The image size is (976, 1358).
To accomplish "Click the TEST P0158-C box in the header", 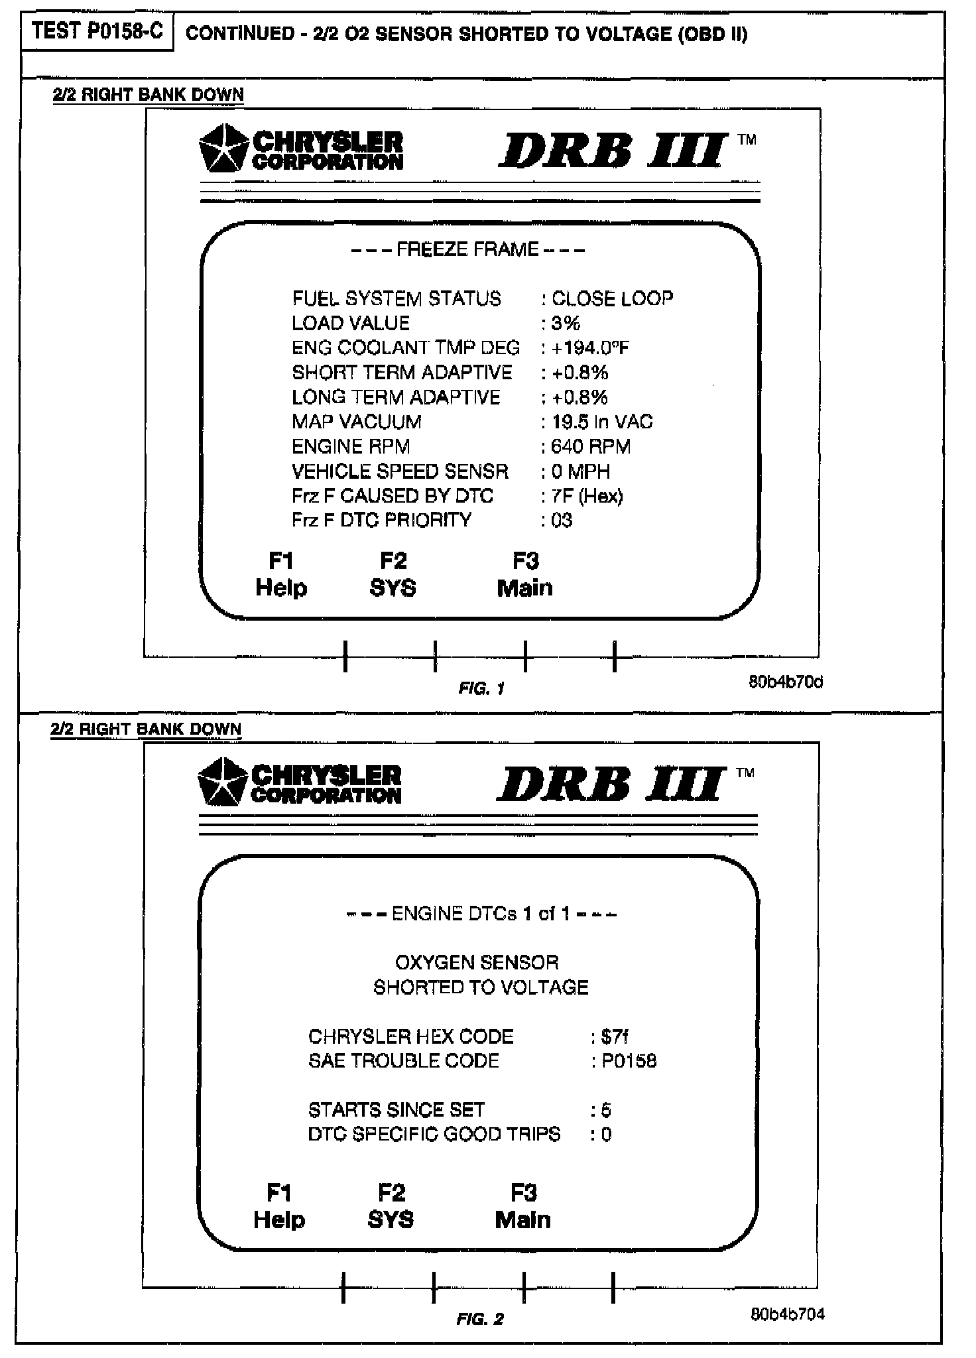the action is (x=97, y=32).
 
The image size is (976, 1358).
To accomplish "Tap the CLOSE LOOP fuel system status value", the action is (x=612, y=298).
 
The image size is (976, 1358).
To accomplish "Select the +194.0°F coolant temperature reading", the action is (x=589, y=347).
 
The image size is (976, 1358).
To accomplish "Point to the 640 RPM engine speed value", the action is (x=590, y=446).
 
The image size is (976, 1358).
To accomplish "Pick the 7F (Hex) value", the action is (x=587, y=496).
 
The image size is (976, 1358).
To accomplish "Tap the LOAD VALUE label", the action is (x=351, y=323).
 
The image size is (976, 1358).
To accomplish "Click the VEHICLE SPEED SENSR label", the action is (x=400, y=471).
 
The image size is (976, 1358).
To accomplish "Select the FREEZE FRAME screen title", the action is (x=467, y=249).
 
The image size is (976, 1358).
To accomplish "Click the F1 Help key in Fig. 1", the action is (x=281, y=574).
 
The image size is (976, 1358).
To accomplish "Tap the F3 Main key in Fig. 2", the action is (x=523, y=1206).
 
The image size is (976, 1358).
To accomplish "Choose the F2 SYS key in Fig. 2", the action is (x=391, y=1206).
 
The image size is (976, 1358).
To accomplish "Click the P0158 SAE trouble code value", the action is (x=629, y=1061).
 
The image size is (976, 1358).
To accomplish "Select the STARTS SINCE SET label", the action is (x=396, y=1109).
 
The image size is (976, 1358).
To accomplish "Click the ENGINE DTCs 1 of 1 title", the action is (x=481, y=914).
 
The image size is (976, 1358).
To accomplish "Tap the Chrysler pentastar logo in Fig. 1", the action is (x=223, y=147).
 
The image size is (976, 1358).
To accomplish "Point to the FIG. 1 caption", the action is (x=481, y=688).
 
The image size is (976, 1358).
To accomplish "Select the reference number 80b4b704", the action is (x=787, y=1314).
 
